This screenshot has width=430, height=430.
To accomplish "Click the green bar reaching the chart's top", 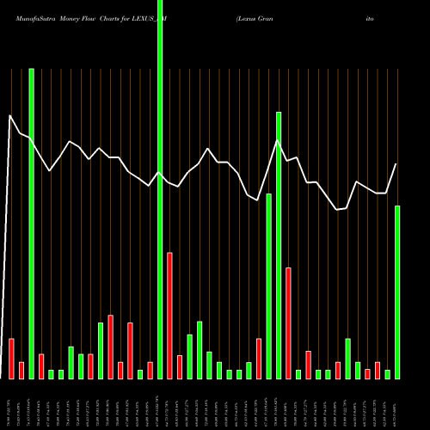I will pyautogui.click(x=160, y=189).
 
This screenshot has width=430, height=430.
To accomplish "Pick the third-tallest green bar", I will pyautogui.click(x=279, y=245).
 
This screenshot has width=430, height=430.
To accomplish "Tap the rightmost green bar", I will pyautogui.click(x=397, y=292).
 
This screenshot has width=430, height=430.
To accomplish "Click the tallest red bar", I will pyautogui.click(x=169, y=316).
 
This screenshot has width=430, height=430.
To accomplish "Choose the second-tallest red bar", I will pyautogui.click(x=288, y=323).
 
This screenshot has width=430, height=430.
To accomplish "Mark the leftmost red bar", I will pyautogui.click(x=11, y=359).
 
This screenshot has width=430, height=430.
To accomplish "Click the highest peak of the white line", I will pyautogui.click(x=10, y=115).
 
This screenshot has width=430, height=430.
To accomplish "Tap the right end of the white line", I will pyautogui.click(x=396, y=164).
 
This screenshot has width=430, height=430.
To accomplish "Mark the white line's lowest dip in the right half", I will pyautogui.click(x=338, y=209).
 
